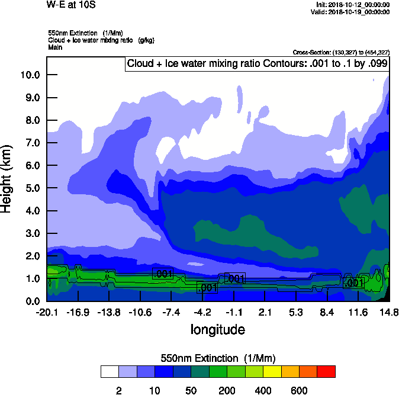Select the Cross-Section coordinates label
point(341,53)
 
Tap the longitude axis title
point(217,329)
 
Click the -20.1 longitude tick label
point(46,312)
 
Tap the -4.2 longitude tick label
point(202,312)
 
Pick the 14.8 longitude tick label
point(389,312)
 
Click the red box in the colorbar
point(326,371)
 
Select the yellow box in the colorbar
point(272,371)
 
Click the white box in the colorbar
point(109,371)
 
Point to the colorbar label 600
point(299,390)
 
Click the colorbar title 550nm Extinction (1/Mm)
point(218,358)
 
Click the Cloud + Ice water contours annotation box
point(257,64)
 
